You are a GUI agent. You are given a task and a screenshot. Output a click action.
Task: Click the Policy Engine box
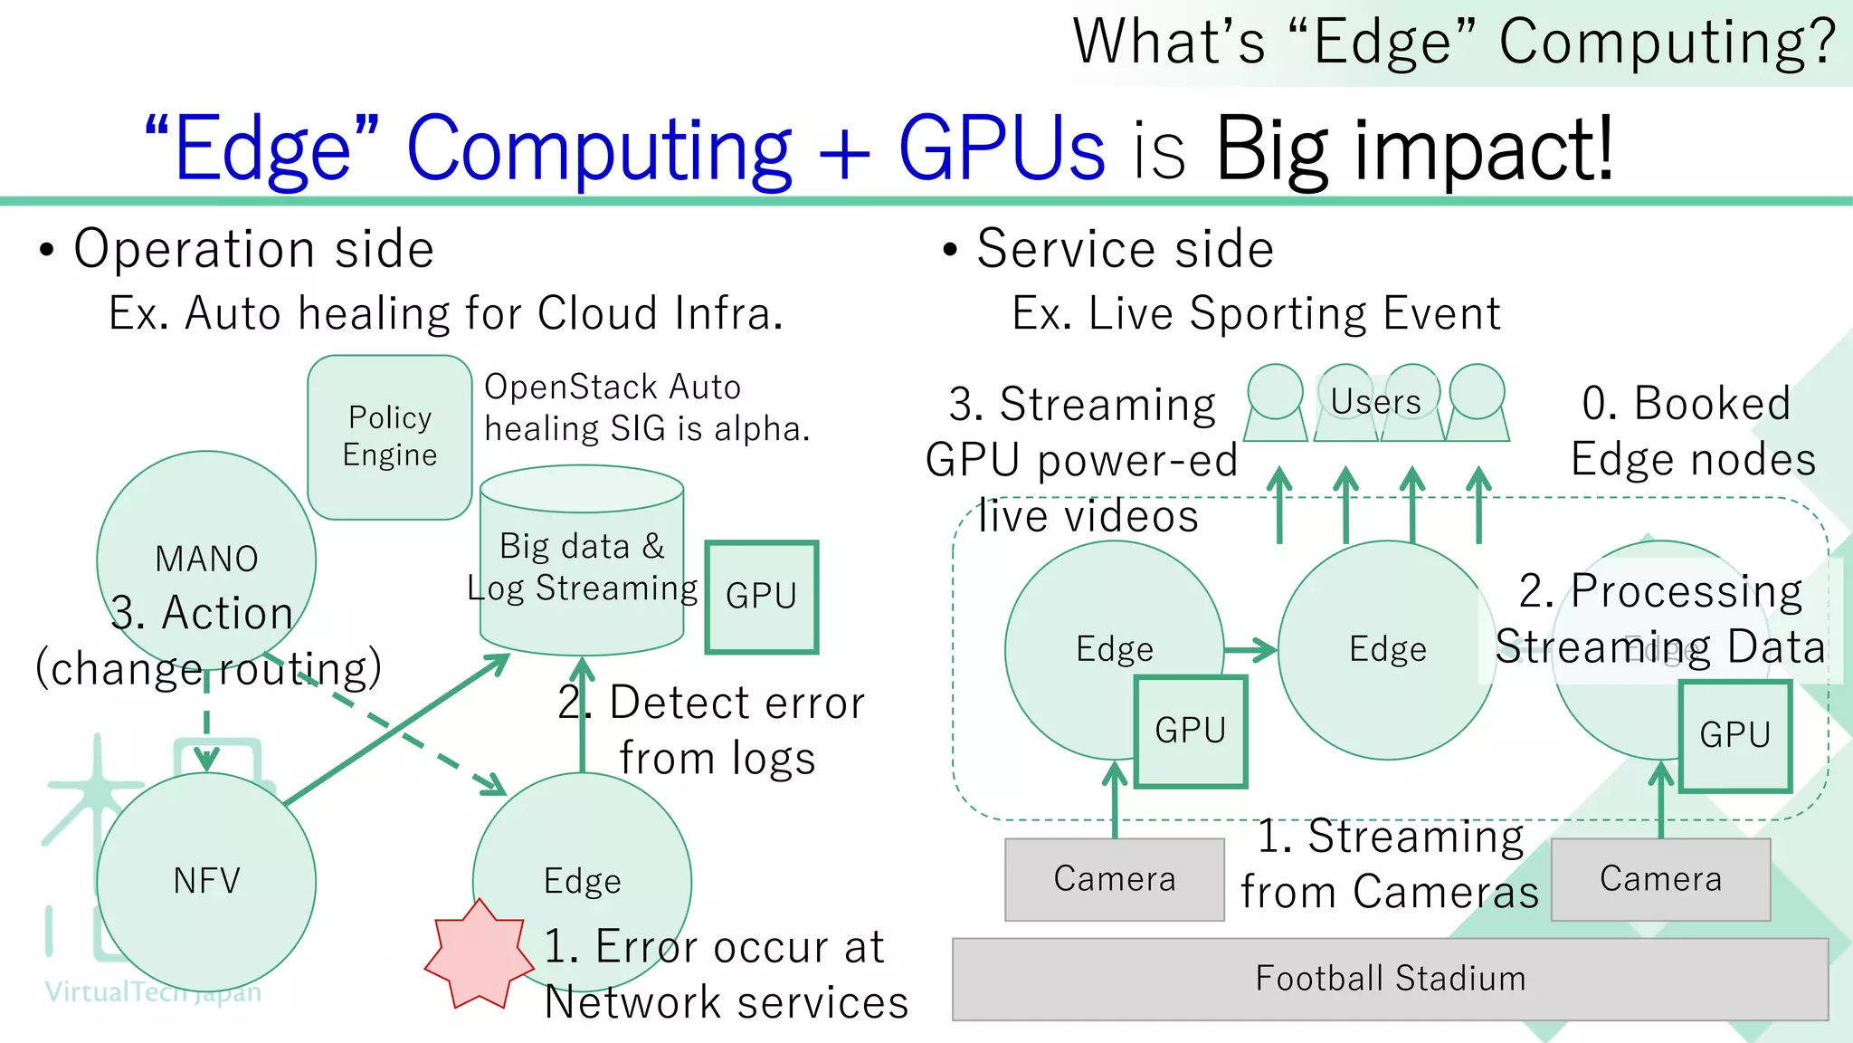[x=389, y=436]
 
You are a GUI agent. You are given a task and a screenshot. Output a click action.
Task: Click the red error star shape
[x=478, y=955]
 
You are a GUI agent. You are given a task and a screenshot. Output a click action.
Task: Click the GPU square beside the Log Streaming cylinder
[x=762, y=597]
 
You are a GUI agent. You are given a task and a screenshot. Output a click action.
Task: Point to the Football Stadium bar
[x=1390, y=979]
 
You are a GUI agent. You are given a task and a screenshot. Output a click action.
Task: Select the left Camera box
[x=1114, y=879]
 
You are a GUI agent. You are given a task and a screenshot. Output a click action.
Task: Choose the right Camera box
[x=1660, y=879]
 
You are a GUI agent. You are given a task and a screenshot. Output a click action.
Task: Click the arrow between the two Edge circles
[x=1250, y=649]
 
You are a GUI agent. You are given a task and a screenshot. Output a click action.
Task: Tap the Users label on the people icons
[x=1375, y=401]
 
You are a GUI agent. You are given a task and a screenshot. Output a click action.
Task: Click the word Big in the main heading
[x=1271, y=149]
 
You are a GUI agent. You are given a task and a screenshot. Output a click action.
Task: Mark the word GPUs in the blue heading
[x=1001, y=149]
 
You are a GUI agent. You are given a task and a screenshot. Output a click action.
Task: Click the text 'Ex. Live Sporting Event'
[x=1256, y=314]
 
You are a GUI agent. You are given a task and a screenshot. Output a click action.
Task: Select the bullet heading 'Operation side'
[x=253, y=249]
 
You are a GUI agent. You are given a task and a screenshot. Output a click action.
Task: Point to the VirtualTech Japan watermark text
[x=153, y=992]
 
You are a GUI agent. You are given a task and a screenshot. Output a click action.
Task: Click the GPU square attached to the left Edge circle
[x=1190, y=731]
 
